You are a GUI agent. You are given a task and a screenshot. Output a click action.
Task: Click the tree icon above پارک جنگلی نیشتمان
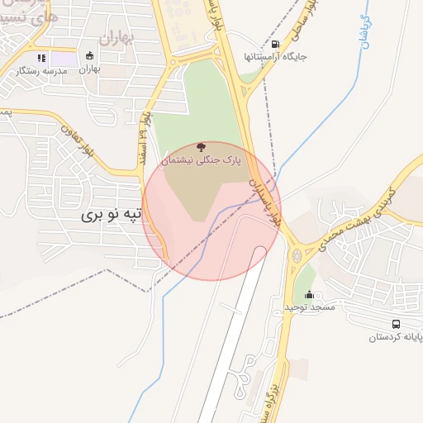202,147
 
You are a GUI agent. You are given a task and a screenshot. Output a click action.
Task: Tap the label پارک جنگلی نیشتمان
202,162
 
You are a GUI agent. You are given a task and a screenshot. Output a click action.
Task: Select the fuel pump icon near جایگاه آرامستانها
274,44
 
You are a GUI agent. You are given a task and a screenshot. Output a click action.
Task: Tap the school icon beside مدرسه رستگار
40,58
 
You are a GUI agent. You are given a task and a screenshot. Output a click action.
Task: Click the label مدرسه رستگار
41,71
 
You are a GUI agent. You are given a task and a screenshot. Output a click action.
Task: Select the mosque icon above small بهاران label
89,56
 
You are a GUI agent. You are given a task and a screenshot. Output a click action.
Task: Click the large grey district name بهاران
115,37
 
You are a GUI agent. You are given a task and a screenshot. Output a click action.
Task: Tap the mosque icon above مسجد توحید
310,295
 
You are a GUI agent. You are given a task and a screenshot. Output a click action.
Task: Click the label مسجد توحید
310,307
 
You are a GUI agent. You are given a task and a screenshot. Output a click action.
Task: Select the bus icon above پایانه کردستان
396,325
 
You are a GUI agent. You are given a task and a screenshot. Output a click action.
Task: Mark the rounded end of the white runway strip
259,251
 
